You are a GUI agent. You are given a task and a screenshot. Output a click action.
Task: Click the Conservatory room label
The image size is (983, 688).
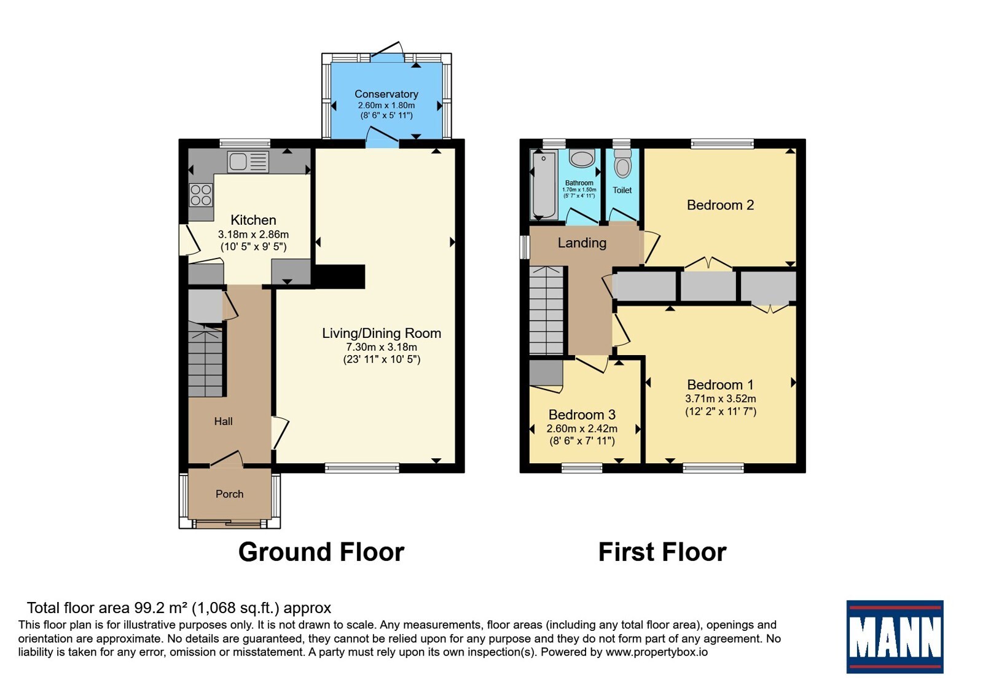(x=386, y=94)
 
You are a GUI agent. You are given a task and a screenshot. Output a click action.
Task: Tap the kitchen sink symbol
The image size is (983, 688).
(x=248, y=162)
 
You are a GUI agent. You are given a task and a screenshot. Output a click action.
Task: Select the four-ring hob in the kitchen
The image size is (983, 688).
(x=201, y=195)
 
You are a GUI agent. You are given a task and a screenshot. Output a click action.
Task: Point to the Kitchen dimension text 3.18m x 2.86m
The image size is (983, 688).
(x=253, y=235)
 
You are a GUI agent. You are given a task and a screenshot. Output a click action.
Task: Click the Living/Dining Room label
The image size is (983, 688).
(x=382, y=333)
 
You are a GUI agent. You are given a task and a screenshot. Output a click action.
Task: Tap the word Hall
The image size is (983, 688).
(x=224, y=421)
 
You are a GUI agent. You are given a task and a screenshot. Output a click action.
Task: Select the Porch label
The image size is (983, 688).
(x=230, y=494)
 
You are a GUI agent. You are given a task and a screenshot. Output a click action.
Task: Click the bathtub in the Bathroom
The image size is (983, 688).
(x=544, y=184)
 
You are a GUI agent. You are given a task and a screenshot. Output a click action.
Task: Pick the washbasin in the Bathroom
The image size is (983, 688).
(x=582, y=158)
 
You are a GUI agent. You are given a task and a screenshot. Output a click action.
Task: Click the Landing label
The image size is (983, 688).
(x=582, y=243)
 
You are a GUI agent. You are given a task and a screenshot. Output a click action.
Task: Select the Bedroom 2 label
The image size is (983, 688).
(x=720, y=205)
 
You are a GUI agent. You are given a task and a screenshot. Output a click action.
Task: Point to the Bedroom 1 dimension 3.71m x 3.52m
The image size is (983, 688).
(x=721, y=399)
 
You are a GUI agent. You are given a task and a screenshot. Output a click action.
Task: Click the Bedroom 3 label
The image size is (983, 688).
(x=582, y=415)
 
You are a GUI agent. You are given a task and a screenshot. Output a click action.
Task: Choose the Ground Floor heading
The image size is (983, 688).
(x=321, y=552)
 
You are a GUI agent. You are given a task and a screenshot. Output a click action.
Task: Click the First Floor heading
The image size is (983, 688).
(x=662, y=552)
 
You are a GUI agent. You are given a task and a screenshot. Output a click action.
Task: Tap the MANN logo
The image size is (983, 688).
(x=895, y=636)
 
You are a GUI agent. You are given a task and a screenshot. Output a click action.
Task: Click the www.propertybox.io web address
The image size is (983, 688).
(x=657, y=652)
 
